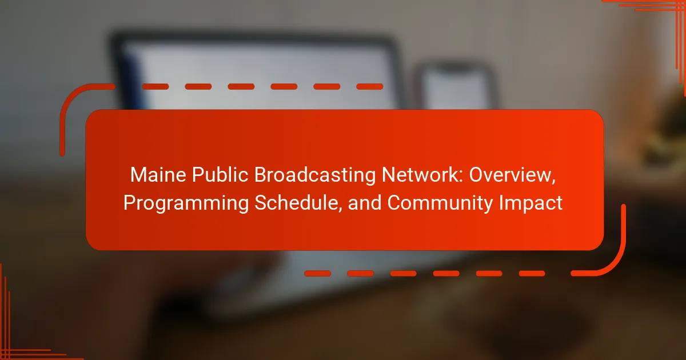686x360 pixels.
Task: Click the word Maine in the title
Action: point(158,175)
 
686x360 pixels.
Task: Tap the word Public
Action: point(220,175)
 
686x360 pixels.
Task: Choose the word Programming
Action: point(186,204)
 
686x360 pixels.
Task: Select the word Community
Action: point(440,204)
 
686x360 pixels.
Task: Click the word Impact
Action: point(531,204)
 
